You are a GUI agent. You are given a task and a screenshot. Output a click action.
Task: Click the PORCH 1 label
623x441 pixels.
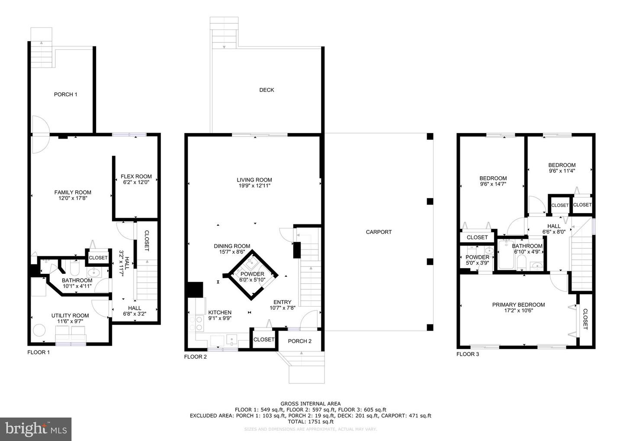(66, 94)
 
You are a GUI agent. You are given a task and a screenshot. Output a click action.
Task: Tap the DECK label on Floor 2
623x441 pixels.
(267, 90)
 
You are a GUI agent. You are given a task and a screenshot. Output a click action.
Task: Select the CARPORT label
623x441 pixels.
(379, 232)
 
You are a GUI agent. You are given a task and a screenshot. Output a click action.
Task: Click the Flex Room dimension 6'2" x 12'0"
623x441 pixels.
(136, 182)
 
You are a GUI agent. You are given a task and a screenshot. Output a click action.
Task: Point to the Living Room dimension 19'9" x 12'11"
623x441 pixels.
(254, 186)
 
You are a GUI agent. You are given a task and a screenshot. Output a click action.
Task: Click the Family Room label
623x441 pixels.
(73, 192)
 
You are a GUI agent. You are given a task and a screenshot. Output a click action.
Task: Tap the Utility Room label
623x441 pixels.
(70, 315)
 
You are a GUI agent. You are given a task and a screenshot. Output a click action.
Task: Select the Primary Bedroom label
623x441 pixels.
(518, 305)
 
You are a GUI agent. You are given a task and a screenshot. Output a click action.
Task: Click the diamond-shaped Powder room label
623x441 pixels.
(252, 274)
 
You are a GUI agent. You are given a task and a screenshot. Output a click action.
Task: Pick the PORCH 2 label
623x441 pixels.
(299, 341)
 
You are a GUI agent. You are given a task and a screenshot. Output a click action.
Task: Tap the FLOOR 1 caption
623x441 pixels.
(39, 352)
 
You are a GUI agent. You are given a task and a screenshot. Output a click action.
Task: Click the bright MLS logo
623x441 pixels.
(35, 429)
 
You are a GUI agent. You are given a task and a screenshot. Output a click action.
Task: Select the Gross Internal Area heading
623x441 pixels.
(310, 404)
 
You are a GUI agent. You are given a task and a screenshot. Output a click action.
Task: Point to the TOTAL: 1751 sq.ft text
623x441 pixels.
(310, 422)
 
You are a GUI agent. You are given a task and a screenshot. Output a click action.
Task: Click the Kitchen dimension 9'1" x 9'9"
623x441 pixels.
(220, 318)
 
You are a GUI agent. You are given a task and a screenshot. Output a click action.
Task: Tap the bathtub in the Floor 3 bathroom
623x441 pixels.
(506, 255)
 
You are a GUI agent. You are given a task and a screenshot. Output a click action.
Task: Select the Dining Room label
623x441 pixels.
(232, 246)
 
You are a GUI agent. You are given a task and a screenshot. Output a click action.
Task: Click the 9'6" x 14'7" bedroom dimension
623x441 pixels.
(493, 184)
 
